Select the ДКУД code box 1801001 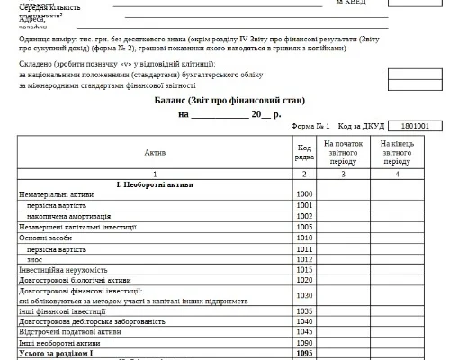click(x=413, y=127)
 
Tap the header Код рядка click(x=304, y=153)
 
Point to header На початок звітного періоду click(x=342, y=152)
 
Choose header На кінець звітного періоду click(x=396, y=152)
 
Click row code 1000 click(x=304, y=194)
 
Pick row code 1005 click(x=304, y=227)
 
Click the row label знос click(x=36, y=259)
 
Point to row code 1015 click(x=304, y=270)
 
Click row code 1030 click(x=304, y=295)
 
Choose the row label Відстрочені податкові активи click(x=69, y=331)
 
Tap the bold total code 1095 click(x=304, y=353)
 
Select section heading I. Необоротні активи click(x=155, y=184)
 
